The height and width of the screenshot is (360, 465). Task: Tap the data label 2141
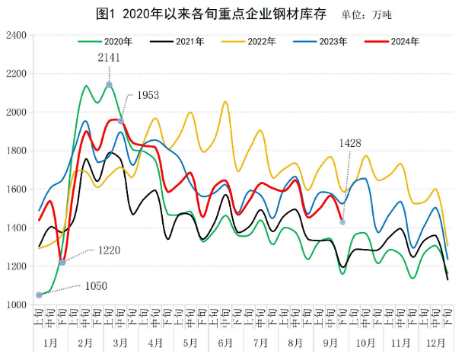pos(109,57)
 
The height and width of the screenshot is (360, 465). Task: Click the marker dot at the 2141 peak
pos(109,84)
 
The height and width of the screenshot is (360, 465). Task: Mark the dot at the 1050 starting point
pos(39,295)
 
